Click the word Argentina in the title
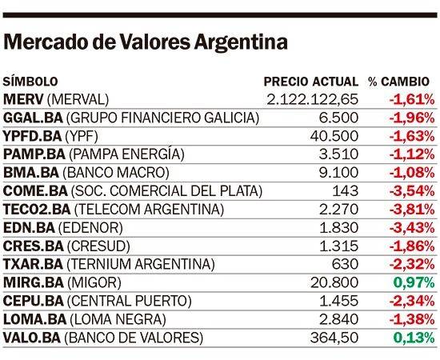[241, 42]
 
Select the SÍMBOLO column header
[30, 82]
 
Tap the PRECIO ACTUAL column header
[311, 82]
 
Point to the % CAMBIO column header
[398, 82]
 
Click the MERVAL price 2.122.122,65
[313, 100]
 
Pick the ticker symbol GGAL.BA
[33, 118]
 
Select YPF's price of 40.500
[334, 136]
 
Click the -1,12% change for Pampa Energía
[412, 154]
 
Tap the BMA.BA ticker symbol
[31, 173]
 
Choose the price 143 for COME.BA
[345, 191]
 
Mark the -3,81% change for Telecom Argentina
[412, 210]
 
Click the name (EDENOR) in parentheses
[90, 227]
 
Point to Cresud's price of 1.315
[339, 246]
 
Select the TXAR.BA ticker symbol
[33, 264]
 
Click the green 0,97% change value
[414, 282]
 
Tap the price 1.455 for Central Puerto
[339, 301]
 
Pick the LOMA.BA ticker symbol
[34, 319]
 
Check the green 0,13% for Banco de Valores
[414, 338]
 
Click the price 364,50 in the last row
[334, 338]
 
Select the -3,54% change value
[412, 191]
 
